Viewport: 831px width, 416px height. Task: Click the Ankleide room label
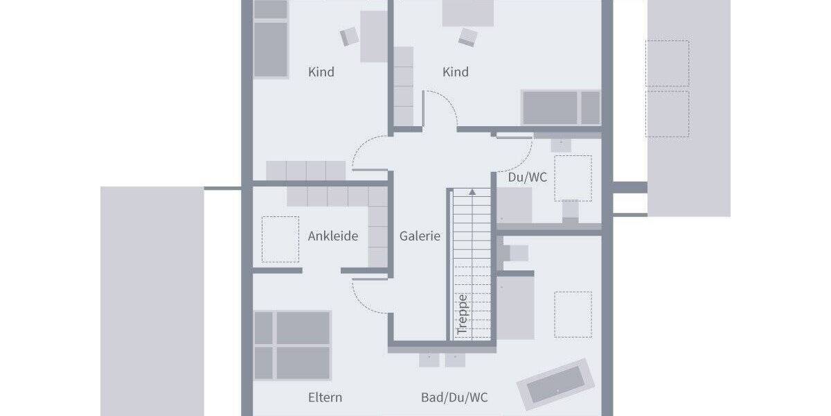click(x=333, y=236)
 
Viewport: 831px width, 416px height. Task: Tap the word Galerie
click(x=420, y=236)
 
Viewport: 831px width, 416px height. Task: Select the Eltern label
click(x=325, y=398)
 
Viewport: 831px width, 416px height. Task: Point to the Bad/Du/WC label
click(x=454, y=398)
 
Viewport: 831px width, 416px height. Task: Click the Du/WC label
click(x=528, y=177)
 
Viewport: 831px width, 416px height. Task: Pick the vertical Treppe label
click(x=463, y=315)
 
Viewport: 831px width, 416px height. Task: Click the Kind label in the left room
click(x=321, y=72)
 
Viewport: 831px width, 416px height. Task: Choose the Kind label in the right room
click(x=456, y=72)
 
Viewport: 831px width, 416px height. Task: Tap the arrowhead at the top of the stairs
click(x=472, y=191)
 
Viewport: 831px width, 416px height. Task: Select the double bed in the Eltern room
click(x=292, y=345)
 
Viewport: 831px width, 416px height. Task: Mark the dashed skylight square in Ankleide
click(x=280, y=239)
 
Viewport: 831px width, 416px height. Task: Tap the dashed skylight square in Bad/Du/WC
click(x=573, y=314)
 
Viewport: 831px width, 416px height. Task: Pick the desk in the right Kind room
click(x=468, y=12)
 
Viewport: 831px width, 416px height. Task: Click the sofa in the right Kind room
click(x=561, y=107)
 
